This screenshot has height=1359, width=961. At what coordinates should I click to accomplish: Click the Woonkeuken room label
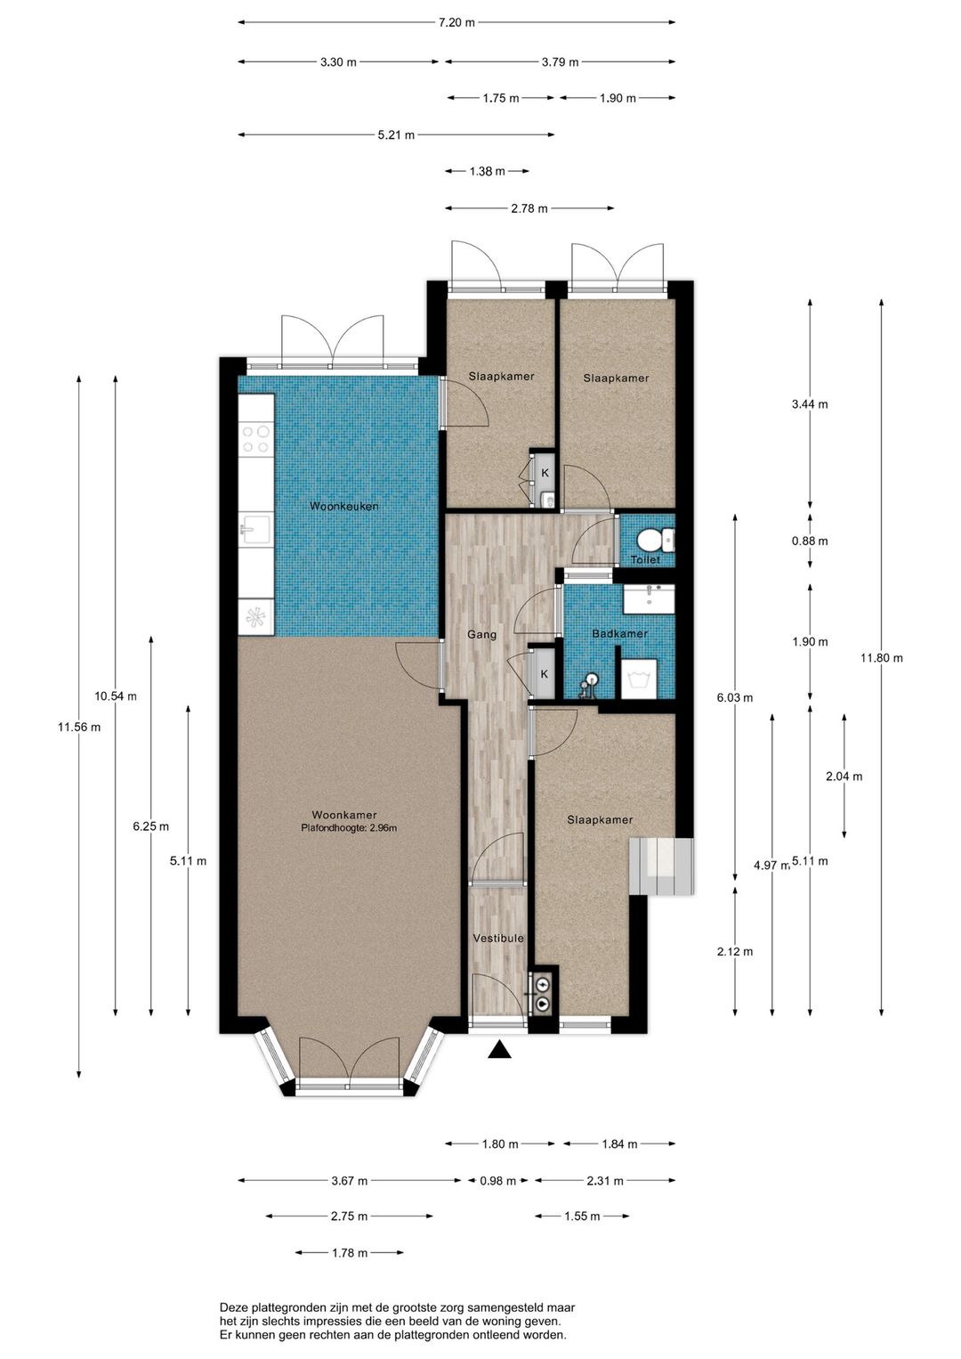[343, 506]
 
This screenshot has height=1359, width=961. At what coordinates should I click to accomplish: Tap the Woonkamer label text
[343, 815]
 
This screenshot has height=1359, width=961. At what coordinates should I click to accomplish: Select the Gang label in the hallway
[481, 635]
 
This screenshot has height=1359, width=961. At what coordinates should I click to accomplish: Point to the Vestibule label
[497, 938]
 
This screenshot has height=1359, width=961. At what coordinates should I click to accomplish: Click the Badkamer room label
[619, 633]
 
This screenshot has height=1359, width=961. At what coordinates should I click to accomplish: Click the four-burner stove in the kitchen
[256, 439]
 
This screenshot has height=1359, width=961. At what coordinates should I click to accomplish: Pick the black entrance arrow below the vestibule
[499, 1049]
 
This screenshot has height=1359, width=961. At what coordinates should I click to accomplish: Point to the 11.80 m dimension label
[881, 657]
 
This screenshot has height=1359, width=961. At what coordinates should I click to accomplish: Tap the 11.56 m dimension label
[79, 728]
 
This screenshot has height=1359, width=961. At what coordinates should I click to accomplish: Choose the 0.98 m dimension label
[497, 1181]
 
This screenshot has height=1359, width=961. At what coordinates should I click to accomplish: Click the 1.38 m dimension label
[487, 172]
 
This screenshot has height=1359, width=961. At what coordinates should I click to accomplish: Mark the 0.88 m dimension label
[810, 541]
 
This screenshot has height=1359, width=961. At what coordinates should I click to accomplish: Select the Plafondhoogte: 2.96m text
[349, 827]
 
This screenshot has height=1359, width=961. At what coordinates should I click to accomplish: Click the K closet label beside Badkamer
[544, 674]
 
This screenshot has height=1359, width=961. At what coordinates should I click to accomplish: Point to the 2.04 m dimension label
[844, 776]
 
